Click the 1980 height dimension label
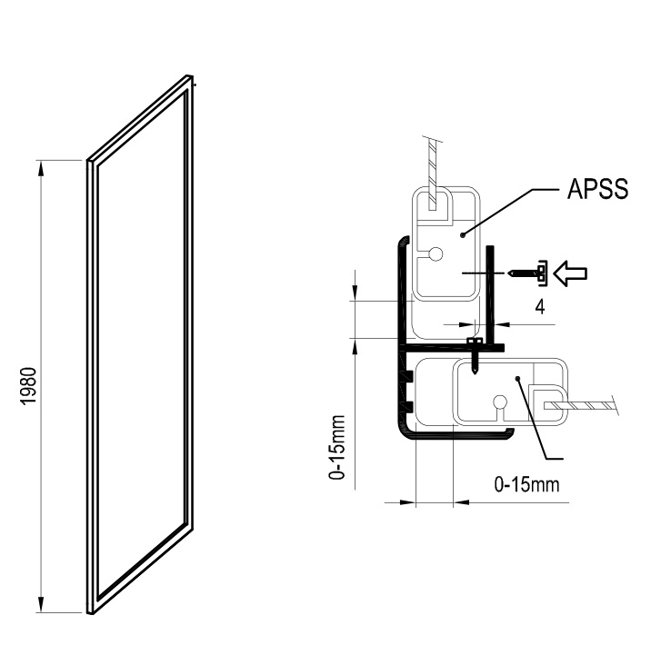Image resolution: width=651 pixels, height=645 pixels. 30,386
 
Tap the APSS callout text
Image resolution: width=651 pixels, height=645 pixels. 597,189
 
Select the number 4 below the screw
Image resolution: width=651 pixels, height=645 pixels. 540,307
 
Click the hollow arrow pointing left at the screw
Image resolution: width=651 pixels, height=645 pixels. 571,273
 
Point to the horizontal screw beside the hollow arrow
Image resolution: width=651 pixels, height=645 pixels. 526,273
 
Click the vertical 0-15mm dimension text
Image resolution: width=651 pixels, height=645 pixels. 337,447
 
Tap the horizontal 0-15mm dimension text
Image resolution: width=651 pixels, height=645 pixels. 526,484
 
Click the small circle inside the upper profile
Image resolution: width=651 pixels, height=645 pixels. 436,253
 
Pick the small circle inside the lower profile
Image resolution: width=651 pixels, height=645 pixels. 499,402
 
